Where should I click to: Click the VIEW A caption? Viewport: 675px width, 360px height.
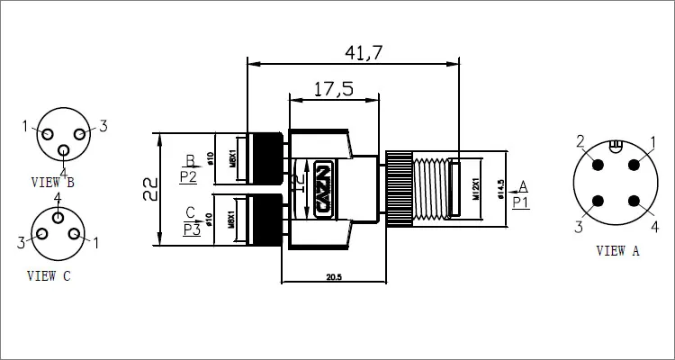[x=617, y=252]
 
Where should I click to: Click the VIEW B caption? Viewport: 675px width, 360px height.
[x=52, y=182]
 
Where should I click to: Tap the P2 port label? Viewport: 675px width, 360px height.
[x=189, y=176]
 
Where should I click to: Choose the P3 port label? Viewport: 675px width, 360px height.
[x=191, y=229]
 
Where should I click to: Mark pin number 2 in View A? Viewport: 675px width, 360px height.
[x=581, y=140]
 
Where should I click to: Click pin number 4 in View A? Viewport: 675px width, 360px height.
[x=654, y=226]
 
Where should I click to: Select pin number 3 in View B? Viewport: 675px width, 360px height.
[x=103, y=126]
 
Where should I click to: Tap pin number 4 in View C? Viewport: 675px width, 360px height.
[x=58, y=197]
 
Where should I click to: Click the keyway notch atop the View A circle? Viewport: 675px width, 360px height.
[x=616, y=146]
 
